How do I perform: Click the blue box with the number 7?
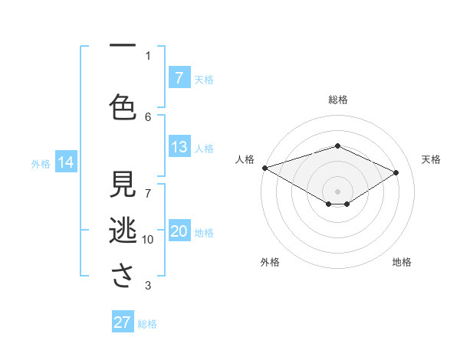point(179,77)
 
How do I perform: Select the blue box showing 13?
point(179,147)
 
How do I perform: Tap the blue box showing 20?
point(179,231)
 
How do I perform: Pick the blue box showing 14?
point(66,162)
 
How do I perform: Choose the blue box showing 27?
point(123,322)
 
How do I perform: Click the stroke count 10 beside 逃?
point(148,240)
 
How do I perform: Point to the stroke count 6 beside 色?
point(148,116)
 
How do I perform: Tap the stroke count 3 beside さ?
point(148,286)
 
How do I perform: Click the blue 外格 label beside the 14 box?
point(41,163)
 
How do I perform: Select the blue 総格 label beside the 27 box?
point(147,324)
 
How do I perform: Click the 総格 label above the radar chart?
point(337,100)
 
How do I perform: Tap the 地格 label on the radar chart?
point(402,262)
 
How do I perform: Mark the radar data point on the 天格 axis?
point(396,172)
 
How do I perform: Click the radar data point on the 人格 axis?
point(264,168)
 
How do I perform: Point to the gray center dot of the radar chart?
point(337,191)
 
